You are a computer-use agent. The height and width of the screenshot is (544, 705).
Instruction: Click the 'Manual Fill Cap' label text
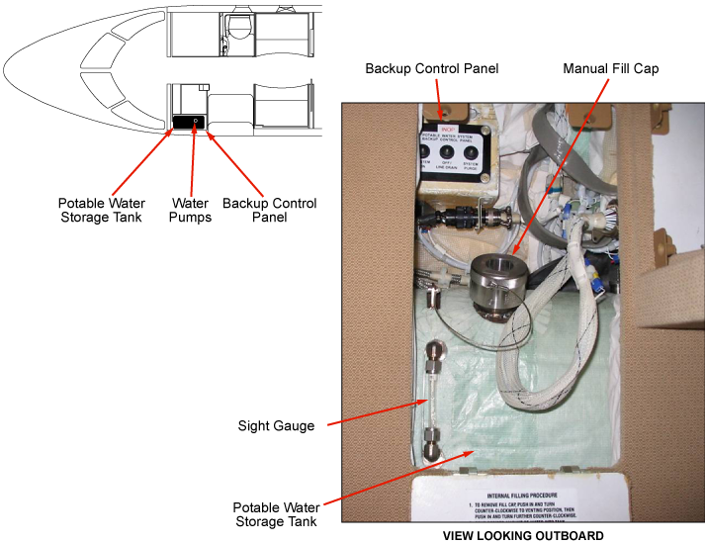point(610,69)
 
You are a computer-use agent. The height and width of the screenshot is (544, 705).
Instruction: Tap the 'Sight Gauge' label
point(276,426)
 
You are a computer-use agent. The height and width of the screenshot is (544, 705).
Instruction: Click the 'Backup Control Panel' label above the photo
point(431,69)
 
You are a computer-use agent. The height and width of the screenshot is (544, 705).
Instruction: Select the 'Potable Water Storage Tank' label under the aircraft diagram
point(102,210)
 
